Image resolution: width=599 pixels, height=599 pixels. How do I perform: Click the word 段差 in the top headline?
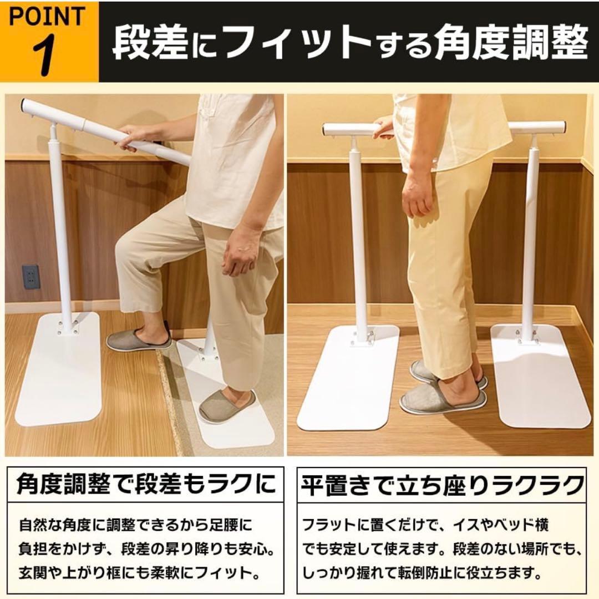[x=150, y=42]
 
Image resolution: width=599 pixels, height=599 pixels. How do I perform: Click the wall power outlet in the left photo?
[x=31, y=276]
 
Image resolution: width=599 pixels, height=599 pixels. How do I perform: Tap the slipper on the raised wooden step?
[x=139, y=338]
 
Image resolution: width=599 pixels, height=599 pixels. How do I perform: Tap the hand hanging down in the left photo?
[x=241, y=255]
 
